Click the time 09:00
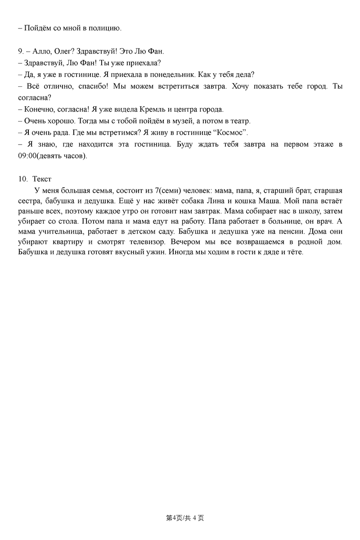pos(27,156)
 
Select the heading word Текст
pos(42,179)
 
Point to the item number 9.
pos(21,51)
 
